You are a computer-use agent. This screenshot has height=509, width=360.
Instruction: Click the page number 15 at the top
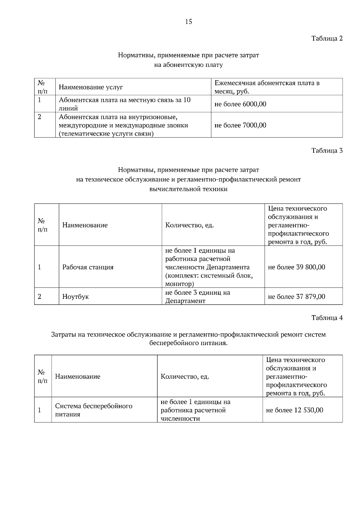point(188,22)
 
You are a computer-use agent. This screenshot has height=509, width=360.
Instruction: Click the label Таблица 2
point(327,38)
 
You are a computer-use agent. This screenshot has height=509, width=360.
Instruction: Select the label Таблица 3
point(327,150)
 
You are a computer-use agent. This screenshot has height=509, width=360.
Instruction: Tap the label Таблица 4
point(327,318)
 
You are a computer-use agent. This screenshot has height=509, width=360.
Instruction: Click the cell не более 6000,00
point(240,104)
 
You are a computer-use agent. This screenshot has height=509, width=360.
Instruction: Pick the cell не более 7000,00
point(240,125)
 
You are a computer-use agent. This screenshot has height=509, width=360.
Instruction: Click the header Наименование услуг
point(91,87)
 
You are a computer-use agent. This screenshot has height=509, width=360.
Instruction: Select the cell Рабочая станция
point(88,267)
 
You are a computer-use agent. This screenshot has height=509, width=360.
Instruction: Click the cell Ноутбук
point(75,297)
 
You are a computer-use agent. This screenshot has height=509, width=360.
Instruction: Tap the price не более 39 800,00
point(296,267)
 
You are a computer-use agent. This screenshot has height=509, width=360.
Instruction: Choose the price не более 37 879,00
point(296,297)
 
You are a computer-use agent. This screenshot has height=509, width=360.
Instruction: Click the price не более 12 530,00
point(294,410)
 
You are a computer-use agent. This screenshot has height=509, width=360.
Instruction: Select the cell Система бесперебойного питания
point(94,410)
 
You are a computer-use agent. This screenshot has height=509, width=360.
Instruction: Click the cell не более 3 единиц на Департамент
point(197,297)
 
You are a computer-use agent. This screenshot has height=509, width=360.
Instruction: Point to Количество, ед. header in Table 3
point(189,225)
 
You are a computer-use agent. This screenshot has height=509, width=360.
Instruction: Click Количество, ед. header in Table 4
point(185,377)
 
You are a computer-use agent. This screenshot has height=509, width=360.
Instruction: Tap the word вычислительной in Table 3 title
point(172,189)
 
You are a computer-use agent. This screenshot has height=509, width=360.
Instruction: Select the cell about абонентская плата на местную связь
point(124,104)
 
